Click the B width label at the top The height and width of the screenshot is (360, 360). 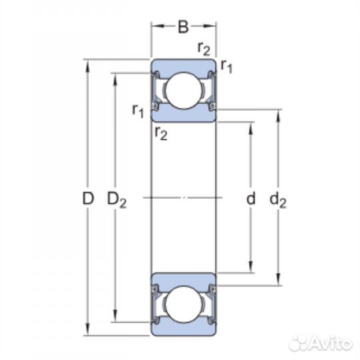(x=183, y=27)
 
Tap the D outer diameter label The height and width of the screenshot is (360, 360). (x=88, y=199)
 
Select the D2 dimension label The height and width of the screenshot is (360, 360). (x=117, y=200)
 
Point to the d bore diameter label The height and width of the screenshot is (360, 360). (x=251, y=198)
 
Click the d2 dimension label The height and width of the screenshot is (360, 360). (x=278, y=200)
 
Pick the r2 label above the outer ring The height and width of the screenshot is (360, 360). (x=204, y=49)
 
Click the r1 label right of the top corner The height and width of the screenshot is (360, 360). (x=227, y=67)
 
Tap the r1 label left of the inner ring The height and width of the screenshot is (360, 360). (x=138, y=111)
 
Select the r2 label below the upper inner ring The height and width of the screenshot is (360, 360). (x=161, y=133)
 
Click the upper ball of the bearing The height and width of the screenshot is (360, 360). (x=183, y=91)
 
